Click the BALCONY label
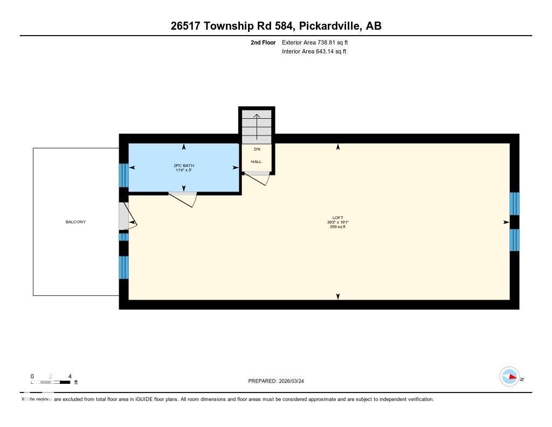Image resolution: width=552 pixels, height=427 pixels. pos(75,222)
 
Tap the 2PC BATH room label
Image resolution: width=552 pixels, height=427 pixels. pos(184,165)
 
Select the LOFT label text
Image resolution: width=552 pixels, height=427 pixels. pos(338,218)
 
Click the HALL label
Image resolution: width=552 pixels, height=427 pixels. pos(256,161)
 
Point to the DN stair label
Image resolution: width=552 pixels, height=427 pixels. pos(257,149)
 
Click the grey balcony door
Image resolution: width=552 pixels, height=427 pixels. pos(123,217)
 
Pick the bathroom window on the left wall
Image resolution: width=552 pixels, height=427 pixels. pos(123,175)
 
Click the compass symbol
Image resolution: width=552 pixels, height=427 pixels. pos(509,376)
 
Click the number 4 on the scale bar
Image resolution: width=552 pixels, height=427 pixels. pos(70,376)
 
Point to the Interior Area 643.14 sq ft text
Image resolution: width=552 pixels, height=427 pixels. pos(314,52)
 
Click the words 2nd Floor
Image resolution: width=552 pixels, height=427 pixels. pos(263,42)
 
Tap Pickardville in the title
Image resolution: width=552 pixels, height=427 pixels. pos(329,26)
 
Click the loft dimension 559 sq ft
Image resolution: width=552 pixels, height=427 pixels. pos(338,227)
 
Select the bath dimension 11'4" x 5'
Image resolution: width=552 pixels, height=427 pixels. pos(184,170)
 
